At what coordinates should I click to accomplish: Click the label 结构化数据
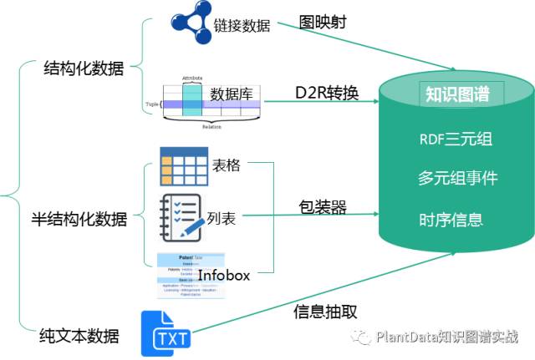tap(83, 69)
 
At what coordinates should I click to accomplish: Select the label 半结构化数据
tap(85, 220)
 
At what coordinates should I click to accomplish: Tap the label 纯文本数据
tap(79, 337)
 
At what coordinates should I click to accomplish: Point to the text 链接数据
tap(242, 25)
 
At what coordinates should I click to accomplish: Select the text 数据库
tap(232, 94)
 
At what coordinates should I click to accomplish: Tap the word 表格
tap(226, 165)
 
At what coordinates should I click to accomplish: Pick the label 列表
tap(222, 220)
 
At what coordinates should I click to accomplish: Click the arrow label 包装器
tap(323, 205)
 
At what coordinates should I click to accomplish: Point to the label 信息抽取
tap(326, 312)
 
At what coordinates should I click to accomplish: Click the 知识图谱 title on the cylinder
tap(457, 94)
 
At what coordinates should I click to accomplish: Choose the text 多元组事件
tap(457, 179)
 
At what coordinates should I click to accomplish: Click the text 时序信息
tap(451, 220)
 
